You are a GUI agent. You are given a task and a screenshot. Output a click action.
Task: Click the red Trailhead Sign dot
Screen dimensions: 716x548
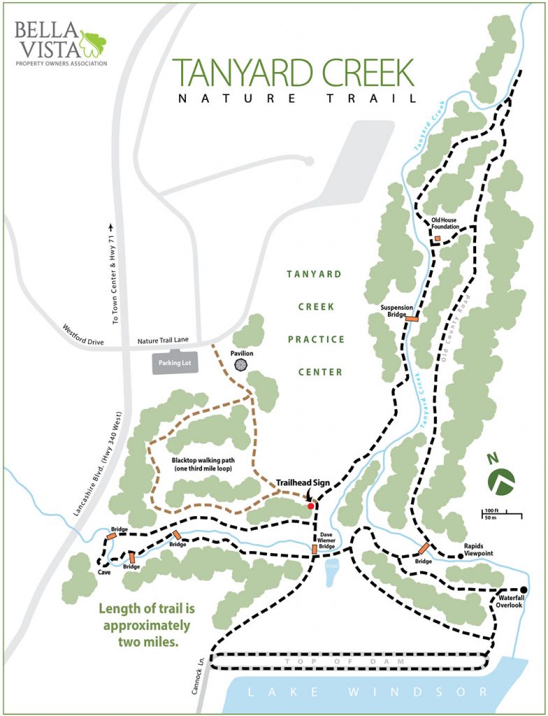tap(311, 506)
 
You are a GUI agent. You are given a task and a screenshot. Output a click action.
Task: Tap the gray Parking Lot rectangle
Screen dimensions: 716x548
tap(175, 364)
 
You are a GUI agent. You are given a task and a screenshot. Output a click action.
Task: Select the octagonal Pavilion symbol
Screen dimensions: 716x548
tap(241, 366)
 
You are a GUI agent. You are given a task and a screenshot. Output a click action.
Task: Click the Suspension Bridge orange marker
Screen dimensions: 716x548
tap(412, 318)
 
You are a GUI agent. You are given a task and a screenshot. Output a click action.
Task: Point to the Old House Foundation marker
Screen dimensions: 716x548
tap(437, 239)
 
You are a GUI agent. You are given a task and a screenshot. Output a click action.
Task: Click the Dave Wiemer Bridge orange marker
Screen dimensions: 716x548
tap(315, 550)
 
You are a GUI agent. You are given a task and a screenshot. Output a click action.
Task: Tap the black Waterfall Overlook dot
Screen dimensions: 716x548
tap(523, 589)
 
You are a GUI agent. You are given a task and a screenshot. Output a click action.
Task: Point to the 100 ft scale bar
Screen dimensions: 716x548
tap(501, 516)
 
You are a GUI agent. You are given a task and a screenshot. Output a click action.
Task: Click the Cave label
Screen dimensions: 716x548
tap(106, 571)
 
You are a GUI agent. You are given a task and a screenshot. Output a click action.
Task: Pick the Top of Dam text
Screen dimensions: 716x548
tap(349, 660)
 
